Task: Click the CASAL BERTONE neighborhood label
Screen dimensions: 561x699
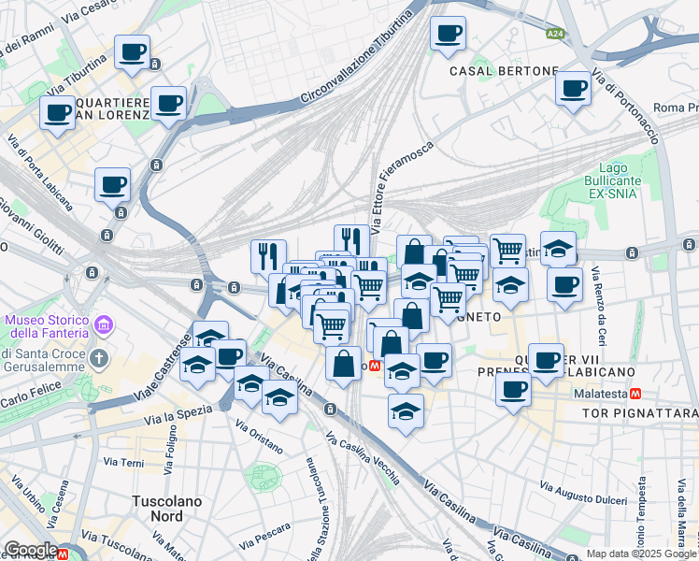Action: (x=504, y=71)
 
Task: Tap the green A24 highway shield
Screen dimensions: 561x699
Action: (x=555, y=34)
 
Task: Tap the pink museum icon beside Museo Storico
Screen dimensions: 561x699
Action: (x=105, y=326)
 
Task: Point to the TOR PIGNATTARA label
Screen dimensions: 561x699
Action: (x=639, y=412)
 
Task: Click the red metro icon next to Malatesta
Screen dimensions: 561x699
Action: (x=635, y=395)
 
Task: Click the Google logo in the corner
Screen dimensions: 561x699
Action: (x=30, y=550)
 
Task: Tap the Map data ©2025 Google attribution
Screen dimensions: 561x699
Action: (x=640, y=554)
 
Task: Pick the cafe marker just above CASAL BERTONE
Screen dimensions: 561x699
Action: (x=448, y=34)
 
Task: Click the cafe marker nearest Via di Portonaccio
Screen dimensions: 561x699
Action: (x=572, y=89)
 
